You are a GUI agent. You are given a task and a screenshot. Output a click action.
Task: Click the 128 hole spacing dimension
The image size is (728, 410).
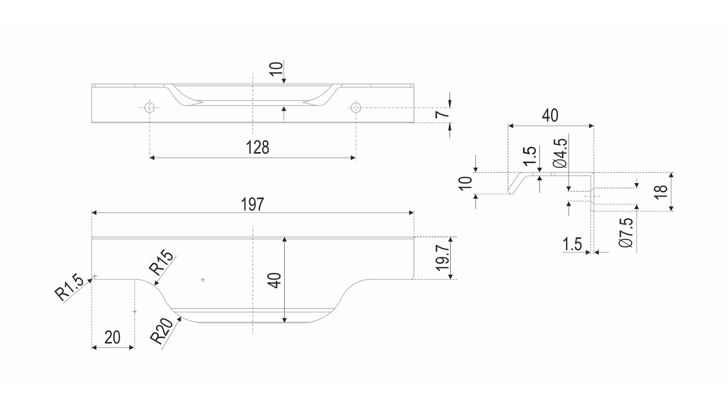257,147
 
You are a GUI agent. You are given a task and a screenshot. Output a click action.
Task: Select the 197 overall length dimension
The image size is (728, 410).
252,205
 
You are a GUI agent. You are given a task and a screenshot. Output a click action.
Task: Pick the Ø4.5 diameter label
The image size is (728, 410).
560,153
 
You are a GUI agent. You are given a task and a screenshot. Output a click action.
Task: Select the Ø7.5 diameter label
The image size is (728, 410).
626,233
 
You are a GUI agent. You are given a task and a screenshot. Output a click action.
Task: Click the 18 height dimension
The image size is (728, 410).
661,191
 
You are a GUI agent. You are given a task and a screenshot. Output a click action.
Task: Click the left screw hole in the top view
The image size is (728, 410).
150,108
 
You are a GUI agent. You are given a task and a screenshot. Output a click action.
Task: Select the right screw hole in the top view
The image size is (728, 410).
356,108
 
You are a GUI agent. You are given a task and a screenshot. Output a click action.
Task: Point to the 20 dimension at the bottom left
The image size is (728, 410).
112,337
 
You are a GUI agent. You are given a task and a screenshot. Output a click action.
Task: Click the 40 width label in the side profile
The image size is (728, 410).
550,115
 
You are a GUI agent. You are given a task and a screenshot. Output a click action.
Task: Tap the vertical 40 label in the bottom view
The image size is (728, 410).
276,280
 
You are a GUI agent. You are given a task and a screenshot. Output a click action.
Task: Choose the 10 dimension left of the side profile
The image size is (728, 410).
466,183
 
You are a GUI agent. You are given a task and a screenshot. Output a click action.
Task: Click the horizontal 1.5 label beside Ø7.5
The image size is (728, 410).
572,244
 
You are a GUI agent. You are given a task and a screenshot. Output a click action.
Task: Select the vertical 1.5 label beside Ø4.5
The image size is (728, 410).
530,157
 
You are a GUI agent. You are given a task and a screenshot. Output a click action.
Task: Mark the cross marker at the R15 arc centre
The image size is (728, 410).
203,280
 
